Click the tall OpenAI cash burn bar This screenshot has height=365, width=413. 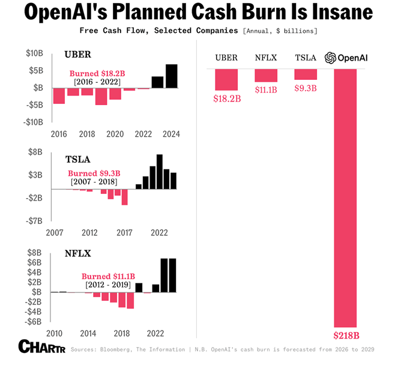point(345,198)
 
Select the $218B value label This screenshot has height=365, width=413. point(346,335)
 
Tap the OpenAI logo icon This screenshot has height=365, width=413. point(330,58)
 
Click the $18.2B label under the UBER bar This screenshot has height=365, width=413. point(226,98)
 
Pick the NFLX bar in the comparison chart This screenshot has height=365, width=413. point(266,76)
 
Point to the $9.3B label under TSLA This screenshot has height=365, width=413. point(305,88)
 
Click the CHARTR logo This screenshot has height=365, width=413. point(41,346)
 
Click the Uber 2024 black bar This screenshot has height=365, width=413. point(172,76)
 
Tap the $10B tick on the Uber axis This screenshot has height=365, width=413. point(34,53)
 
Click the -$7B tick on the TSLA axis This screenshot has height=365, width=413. point(34,220)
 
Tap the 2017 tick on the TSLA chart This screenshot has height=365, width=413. point(124,232)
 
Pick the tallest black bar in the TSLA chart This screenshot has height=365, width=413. point(160,172)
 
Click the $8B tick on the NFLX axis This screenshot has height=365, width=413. point(34,253)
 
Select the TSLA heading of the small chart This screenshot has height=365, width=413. point(78,159)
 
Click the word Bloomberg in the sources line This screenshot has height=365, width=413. point(120,349)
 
